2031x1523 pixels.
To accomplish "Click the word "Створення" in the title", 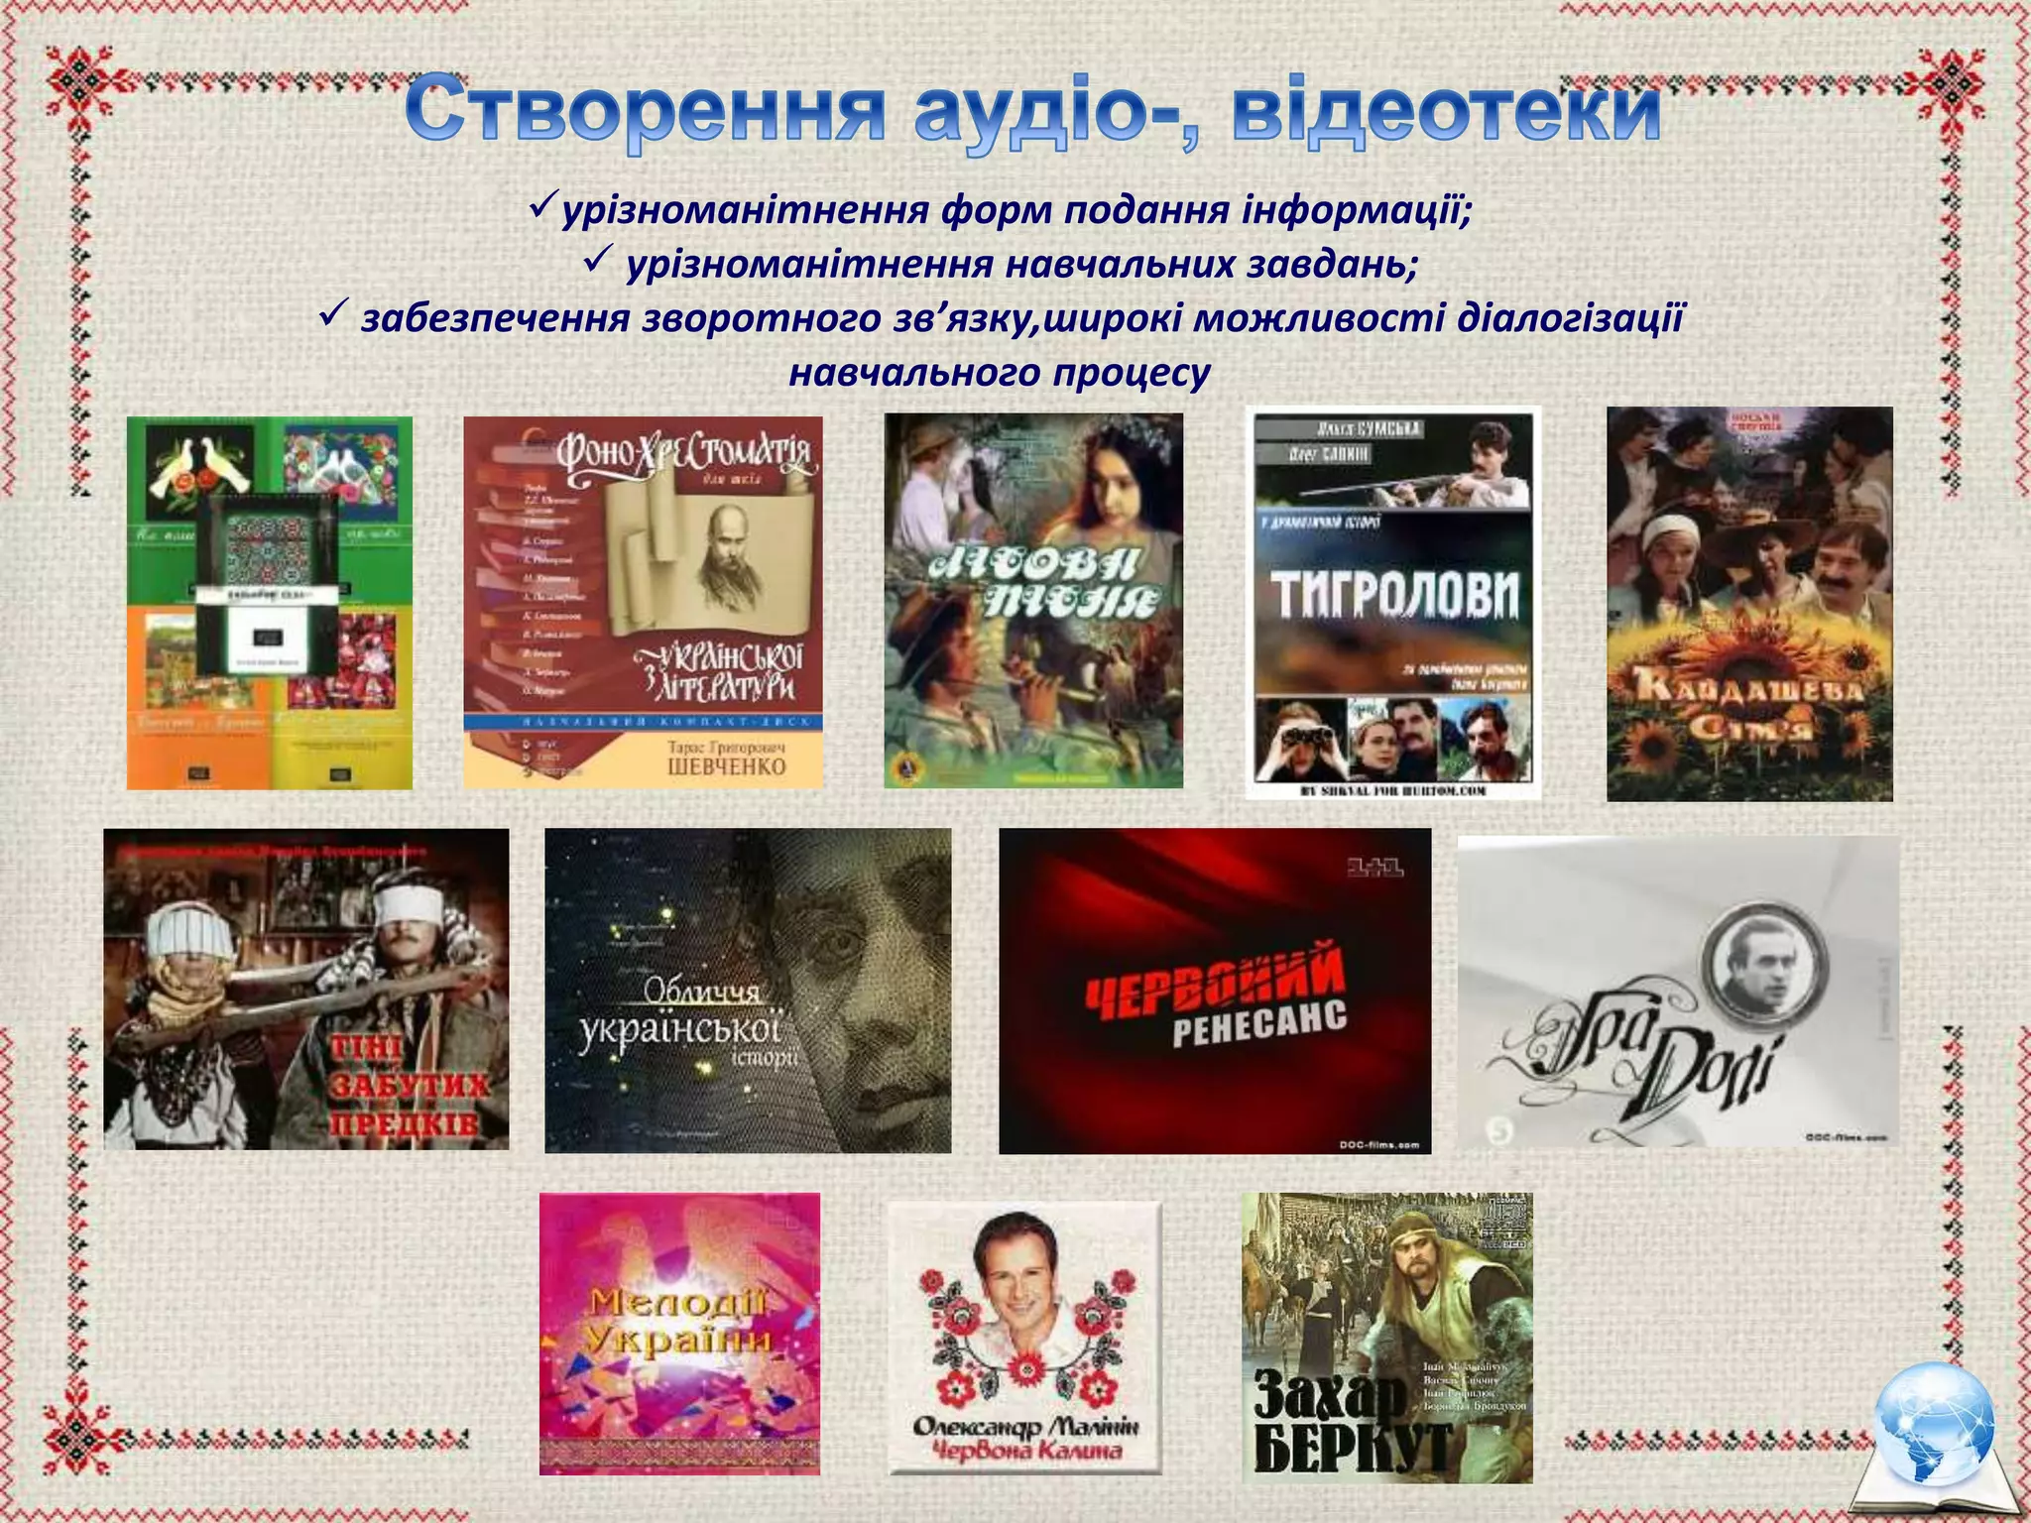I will [645, 111].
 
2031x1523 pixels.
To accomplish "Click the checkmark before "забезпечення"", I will [332, 316].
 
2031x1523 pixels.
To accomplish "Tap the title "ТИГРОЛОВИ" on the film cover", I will [1395, 593].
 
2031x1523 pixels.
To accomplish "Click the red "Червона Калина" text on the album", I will [1023, 1452].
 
